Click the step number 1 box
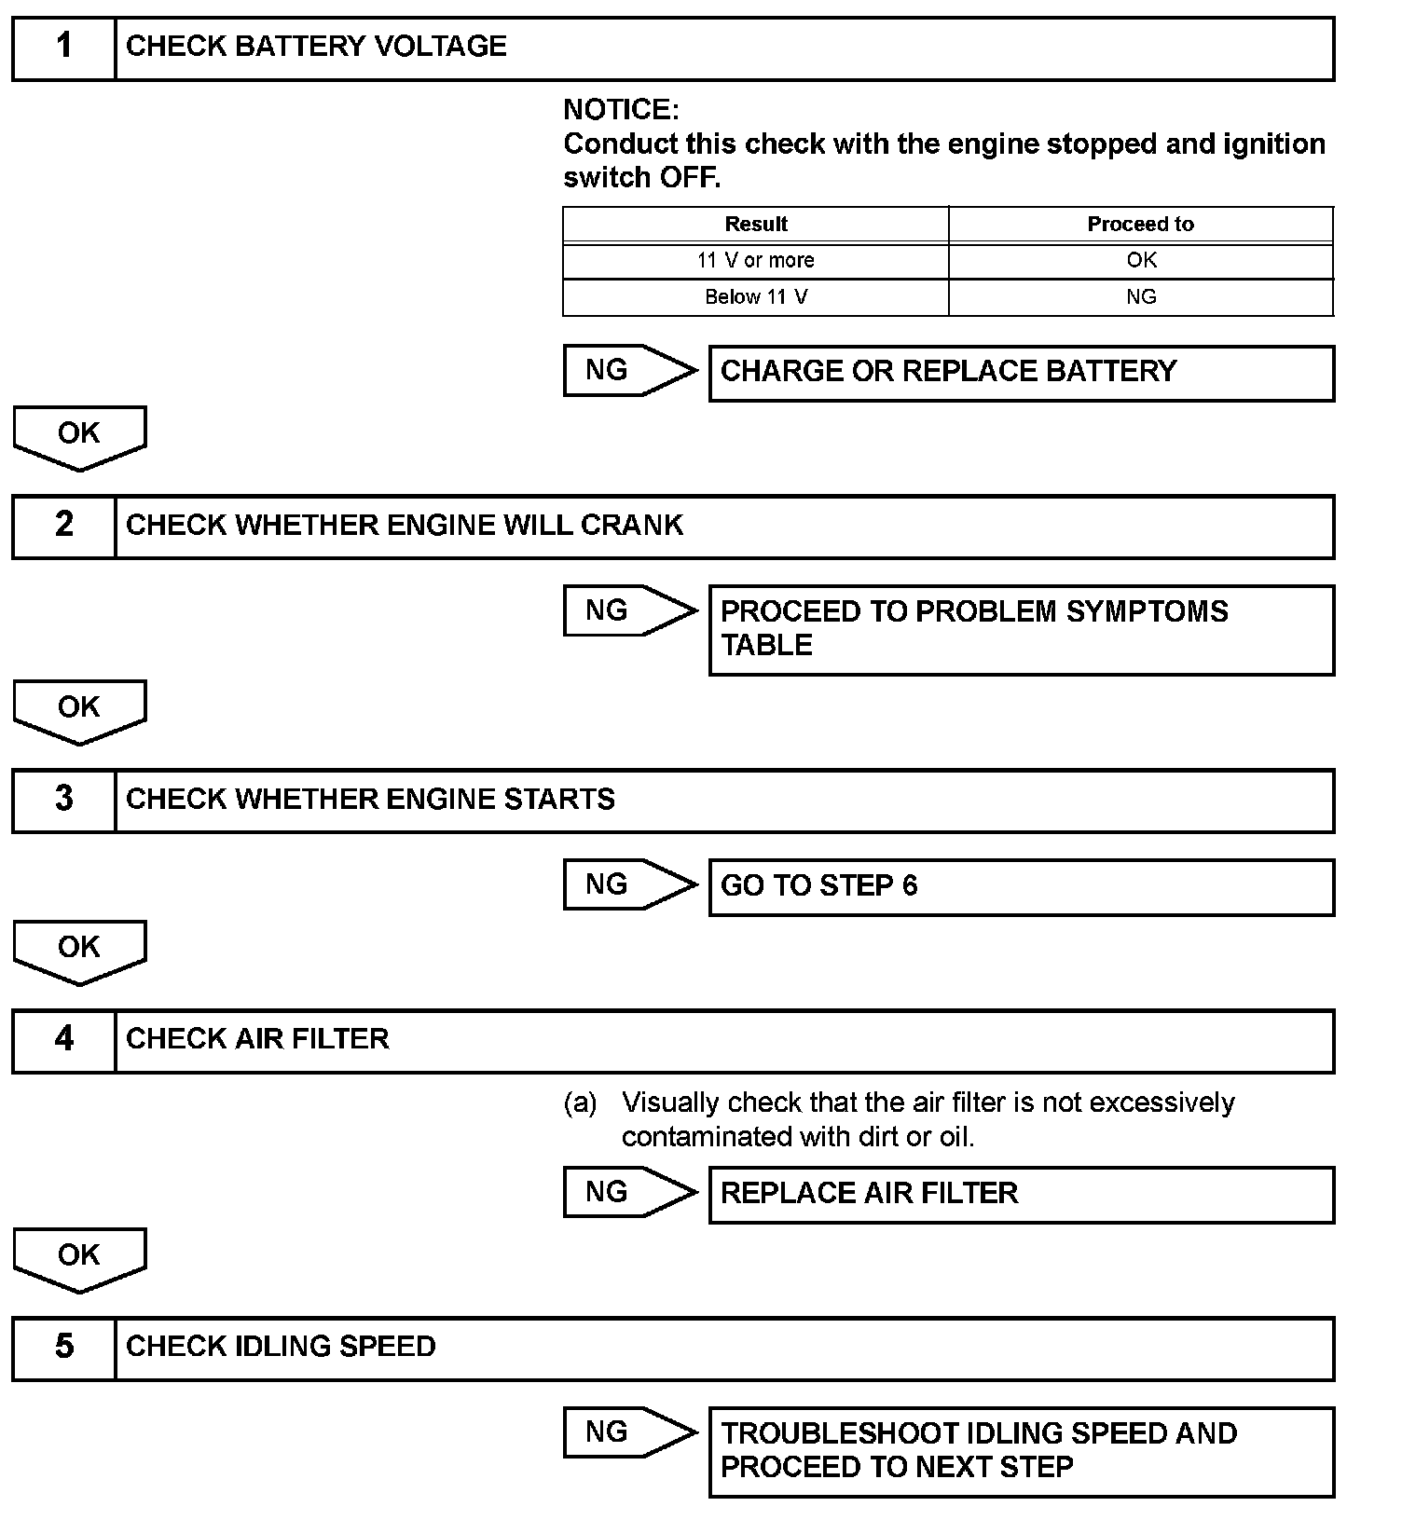[x=63, y=48]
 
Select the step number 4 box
[x=63, y=1040]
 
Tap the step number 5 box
[x=63, y=1348]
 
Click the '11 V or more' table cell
[x=755, y=261]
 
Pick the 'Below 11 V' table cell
[x=755, y=297]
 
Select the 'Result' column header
[x=755, y=225]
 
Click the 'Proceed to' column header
[x=1140, y=225]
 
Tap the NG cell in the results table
[x=1140, y=297]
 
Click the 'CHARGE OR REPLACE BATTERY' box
[x=1021, y=373]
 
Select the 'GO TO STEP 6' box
[x=1021, y=886]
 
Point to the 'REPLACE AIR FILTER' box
[x=1021, y=1194]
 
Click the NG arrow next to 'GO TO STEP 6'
[x=629, y=884]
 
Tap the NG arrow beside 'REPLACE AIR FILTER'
[x=629, y=1192]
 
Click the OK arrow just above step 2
[x=79, y=435]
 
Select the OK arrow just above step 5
[x=79, y=1257]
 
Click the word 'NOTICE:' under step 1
[x=621, y=110]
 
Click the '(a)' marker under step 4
[x=580, y=1103]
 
